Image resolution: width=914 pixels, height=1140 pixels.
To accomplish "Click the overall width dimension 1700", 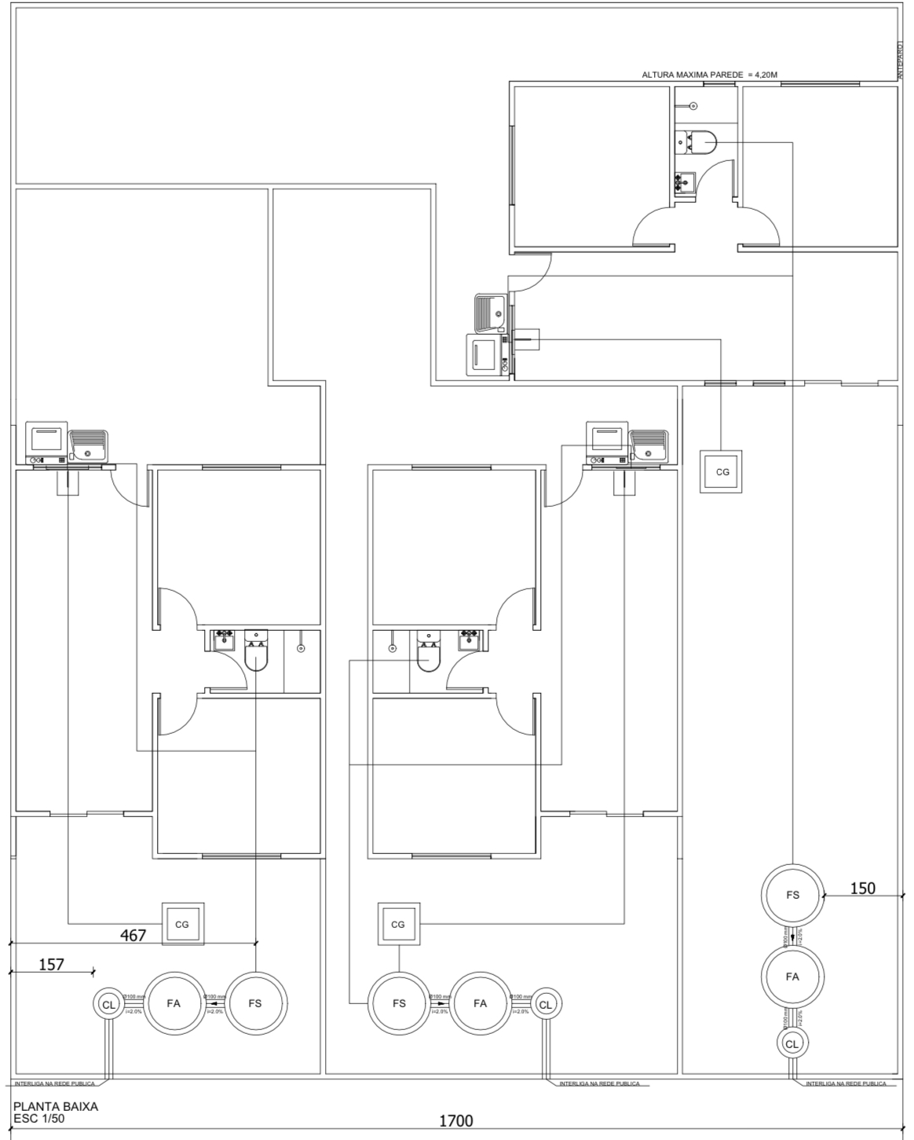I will [455, 1120].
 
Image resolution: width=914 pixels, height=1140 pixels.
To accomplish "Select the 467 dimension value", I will [133, 935].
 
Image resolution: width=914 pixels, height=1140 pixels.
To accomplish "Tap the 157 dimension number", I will [51, 964].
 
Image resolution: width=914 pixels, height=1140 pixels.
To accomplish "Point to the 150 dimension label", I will [863, 888].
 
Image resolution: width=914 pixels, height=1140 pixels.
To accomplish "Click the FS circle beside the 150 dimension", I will [792, 895].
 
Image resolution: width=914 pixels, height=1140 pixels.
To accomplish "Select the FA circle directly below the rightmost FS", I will [792, 977].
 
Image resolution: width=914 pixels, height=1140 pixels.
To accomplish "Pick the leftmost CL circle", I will [108, 1004].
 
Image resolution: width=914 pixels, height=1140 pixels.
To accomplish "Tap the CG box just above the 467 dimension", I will [182, 924].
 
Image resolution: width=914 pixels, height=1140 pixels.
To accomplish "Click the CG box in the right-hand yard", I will [721, 471].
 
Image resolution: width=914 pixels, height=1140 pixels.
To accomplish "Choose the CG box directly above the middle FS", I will [398, 924].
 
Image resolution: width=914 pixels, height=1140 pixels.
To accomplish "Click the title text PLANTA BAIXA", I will [55, 1106].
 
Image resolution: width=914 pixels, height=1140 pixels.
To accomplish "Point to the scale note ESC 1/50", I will [38, 1119].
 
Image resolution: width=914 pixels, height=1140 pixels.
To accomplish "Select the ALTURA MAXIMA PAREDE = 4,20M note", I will [709, 75].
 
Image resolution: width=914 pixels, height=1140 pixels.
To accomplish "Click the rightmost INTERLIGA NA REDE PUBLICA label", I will [846, 1083].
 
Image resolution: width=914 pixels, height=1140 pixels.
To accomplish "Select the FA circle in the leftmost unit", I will [174, 1003].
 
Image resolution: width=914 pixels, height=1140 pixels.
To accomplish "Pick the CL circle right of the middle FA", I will [546, 1004].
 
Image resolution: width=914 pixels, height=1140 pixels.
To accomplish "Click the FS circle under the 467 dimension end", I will [255, 1003].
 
